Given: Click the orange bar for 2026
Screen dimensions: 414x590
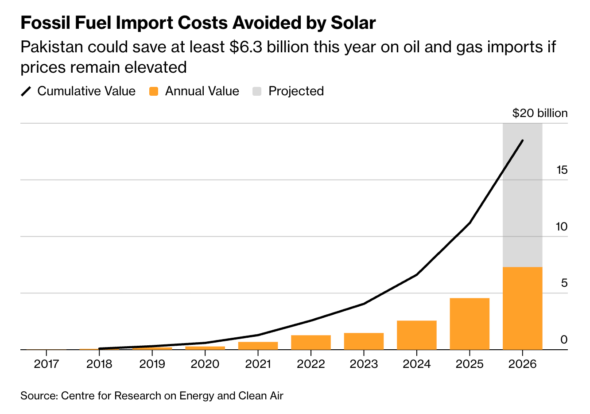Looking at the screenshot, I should (522, 308).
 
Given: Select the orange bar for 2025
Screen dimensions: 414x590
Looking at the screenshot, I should (470, 324).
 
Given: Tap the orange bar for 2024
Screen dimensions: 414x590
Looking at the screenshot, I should (416, 335).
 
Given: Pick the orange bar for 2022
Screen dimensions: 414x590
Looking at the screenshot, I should (311, 342).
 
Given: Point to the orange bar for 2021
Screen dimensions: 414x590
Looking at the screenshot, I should (258, 345).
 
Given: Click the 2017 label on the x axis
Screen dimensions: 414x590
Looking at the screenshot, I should (47, 364).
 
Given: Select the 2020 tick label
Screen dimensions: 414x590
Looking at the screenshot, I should (205, 364).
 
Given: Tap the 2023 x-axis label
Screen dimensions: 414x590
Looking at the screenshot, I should (364, 364).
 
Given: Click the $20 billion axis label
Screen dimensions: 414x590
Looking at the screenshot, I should (540, 113).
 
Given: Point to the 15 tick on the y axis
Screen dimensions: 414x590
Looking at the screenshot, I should (562, 170).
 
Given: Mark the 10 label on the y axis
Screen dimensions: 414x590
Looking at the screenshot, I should (561, 227).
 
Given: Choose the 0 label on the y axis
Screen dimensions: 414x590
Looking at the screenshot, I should (564, 340).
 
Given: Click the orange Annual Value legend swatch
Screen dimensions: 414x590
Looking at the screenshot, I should (154, 91).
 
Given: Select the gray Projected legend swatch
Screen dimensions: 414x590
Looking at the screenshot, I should (257, 91).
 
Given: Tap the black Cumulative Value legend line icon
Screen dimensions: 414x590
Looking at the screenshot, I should (27, 91).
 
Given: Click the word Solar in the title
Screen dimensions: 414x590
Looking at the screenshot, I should (353, 23).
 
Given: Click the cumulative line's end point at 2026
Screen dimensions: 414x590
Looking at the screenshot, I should (523, 141).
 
